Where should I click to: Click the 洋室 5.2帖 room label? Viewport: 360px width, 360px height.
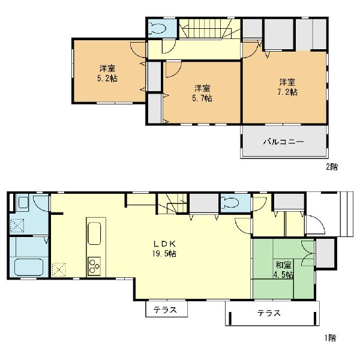tap(107, 73)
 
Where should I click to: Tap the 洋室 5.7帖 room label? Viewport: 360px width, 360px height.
tap(202, 93)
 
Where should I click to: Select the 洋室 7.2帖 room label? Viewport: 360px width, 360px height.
tap(287, 87)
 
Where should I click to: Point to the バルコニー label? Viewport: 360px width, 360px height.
tap(283, 142)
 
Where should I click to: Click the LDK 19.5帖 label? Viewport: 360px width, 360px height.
tap(164, 248)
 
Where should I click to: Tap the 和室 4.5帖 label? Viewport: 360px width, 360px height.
tap(284, 269)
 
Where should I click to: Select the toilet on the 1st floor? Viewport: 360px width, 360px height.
tap(230, 203)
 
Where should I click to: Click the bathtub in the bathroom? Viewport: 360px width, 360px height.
tap(29, 267)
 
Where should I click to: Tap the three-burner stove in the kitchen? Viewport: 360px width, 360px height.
tap(94, 266)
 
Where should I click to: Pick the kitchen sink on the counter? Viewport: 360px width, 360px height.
tap(94, 233)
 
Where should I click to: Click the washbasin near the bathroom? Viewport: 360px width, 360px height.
tap(23, 202)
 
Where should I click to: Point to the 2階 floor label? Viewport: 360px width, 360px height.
tap(332, 167)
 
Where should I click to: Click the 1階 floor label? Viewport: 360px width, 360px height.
tap(331, 338)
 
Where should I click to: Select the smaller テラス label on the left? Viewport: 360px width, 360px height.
tap(166, 310)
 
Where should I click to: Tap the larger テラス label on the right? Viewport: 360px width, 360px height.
tap(269, 313)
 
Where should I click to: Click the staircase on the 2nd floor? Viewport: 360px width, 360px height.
tap(209, 29)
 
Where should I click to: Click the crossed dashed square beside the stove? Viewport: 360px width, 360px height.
tap(59, 270)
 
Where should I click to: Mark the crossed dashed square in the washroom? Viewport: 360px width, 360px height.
tap(17, 226)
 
